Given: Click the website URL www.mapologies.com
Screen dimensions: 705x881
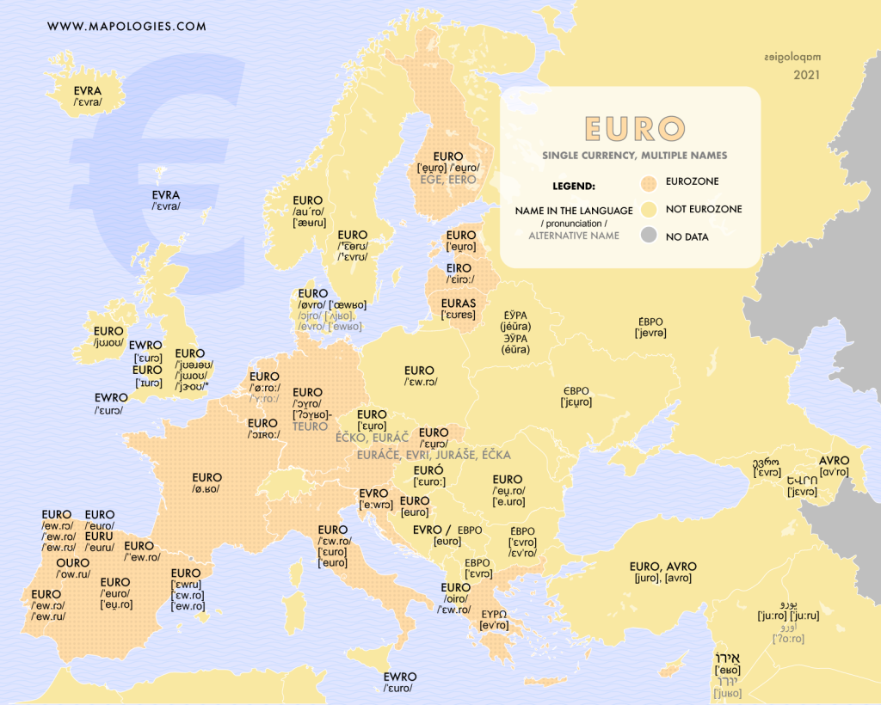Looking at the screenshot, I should [x=126, y=26].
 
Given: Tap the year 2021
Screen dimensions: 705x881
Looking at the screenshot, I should [x=806, y=75].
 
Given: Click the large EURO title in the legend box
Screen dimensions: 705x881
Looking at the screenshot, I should [x=634, y=129].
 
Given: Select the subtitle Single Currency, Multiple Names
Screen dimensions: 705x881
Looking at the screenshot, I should [x=635, y=156].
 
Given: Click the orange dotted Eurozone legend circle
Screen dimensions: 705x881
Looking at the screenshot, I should [x=650, y=182].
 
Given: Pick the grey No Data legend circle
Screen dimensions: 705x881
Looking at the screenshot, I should [x=650, y=236].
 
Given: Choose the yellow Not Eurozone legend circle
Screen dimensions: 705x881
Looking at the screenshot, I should [x=650, y=209].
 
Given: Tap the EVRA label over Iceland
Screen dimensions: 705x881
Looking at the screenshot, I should [x=88, y=90].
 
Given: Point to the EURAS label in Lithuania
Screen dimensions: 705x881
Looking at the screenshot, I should [x=459, y=303].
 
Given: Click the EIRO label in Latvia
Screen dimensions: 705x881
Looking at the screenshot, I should [x=459, y=268].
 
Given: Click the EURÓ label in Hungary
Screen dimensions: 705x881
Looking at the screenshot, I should [x=428, y=470].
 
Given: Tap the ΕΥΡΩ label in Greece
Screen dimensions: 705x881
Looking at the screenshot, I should [x=494, y=614].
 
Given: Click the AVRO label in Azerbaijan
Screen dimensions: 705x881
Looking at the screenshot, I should [x=834, y=460].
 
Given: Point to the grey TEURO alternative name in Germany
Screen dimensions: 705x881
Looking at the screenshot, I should [x=310, y=426].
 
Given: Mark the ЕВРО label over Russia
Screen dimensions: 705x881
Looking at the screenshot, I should [x=650, y=320].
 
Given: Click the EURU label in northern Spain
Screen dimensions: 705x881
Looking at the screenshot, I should [x=99, y=536].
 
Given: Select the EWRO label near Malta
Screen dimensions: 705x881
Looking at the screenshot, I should [x=400, y=677].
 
